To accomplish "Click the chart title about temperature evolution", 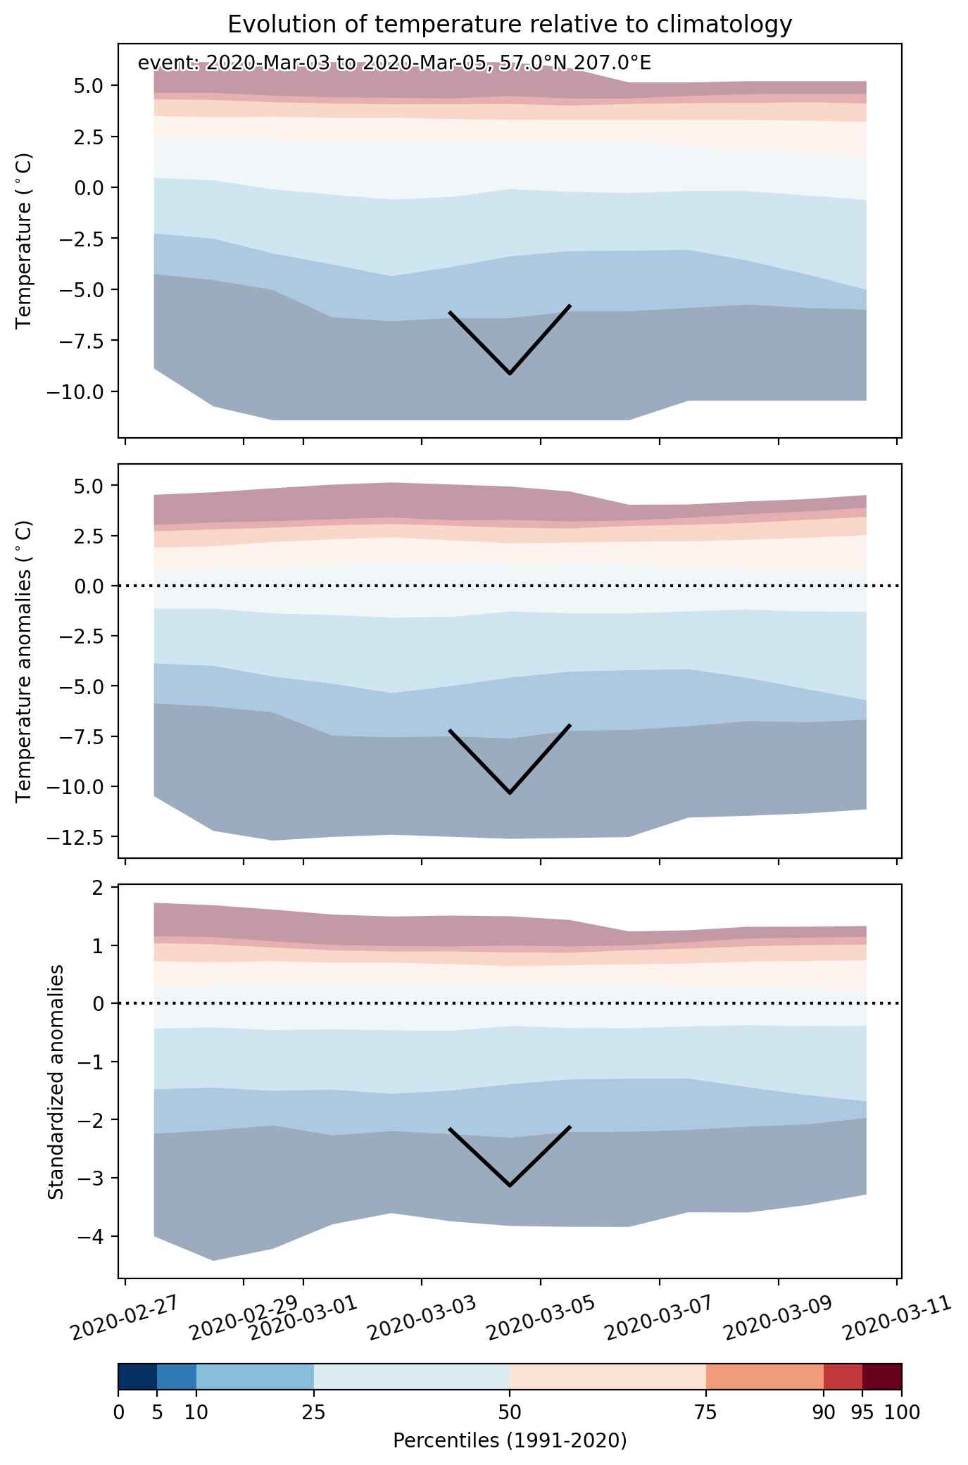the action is (510, 24).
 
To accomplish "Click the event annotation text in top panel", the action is (394, 63).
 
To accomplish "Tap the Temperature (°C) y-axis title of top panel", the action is (24, 241).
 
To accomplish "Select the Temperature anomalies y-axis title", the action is (24, 661).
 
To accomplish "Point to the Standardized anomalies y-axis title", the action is (56, 1081).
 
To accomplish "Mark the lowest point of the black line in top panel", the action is (510, 374).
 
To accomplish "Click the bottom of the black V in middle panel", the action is (510, 793).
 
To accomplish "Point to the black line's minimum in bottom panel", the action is (510, 1185).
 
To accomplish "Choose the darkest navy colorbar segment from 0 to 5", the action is (138, 1377).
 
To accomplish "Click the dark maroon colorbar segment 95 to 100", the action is (882, 1377).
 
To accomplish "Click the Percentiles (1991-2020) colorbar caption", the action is (510, 1440).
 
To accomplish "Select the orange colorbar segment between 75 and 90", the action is (765, 1377).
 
